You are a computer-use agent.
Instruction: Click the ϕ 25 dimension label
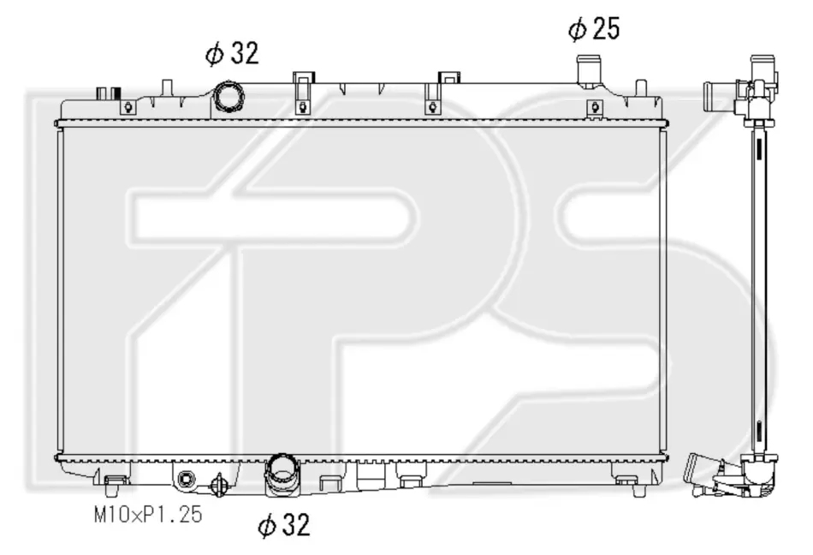tap(594, 28)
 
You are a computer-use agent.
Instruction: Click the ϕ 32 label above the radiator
tap(232, 53)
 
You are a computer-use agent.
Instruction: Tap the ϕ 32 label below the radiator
tap(284, 524)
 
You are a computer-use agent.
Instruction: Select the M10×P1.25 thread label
tap(148, 515)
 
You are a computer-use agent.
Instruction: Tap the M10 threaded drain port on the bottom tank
tap(185, 480)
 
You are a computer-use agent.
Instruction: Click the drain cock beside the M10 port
tap(218, 486)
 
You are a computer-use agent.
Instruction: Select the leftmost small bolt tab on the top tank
tap(128, 108)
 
